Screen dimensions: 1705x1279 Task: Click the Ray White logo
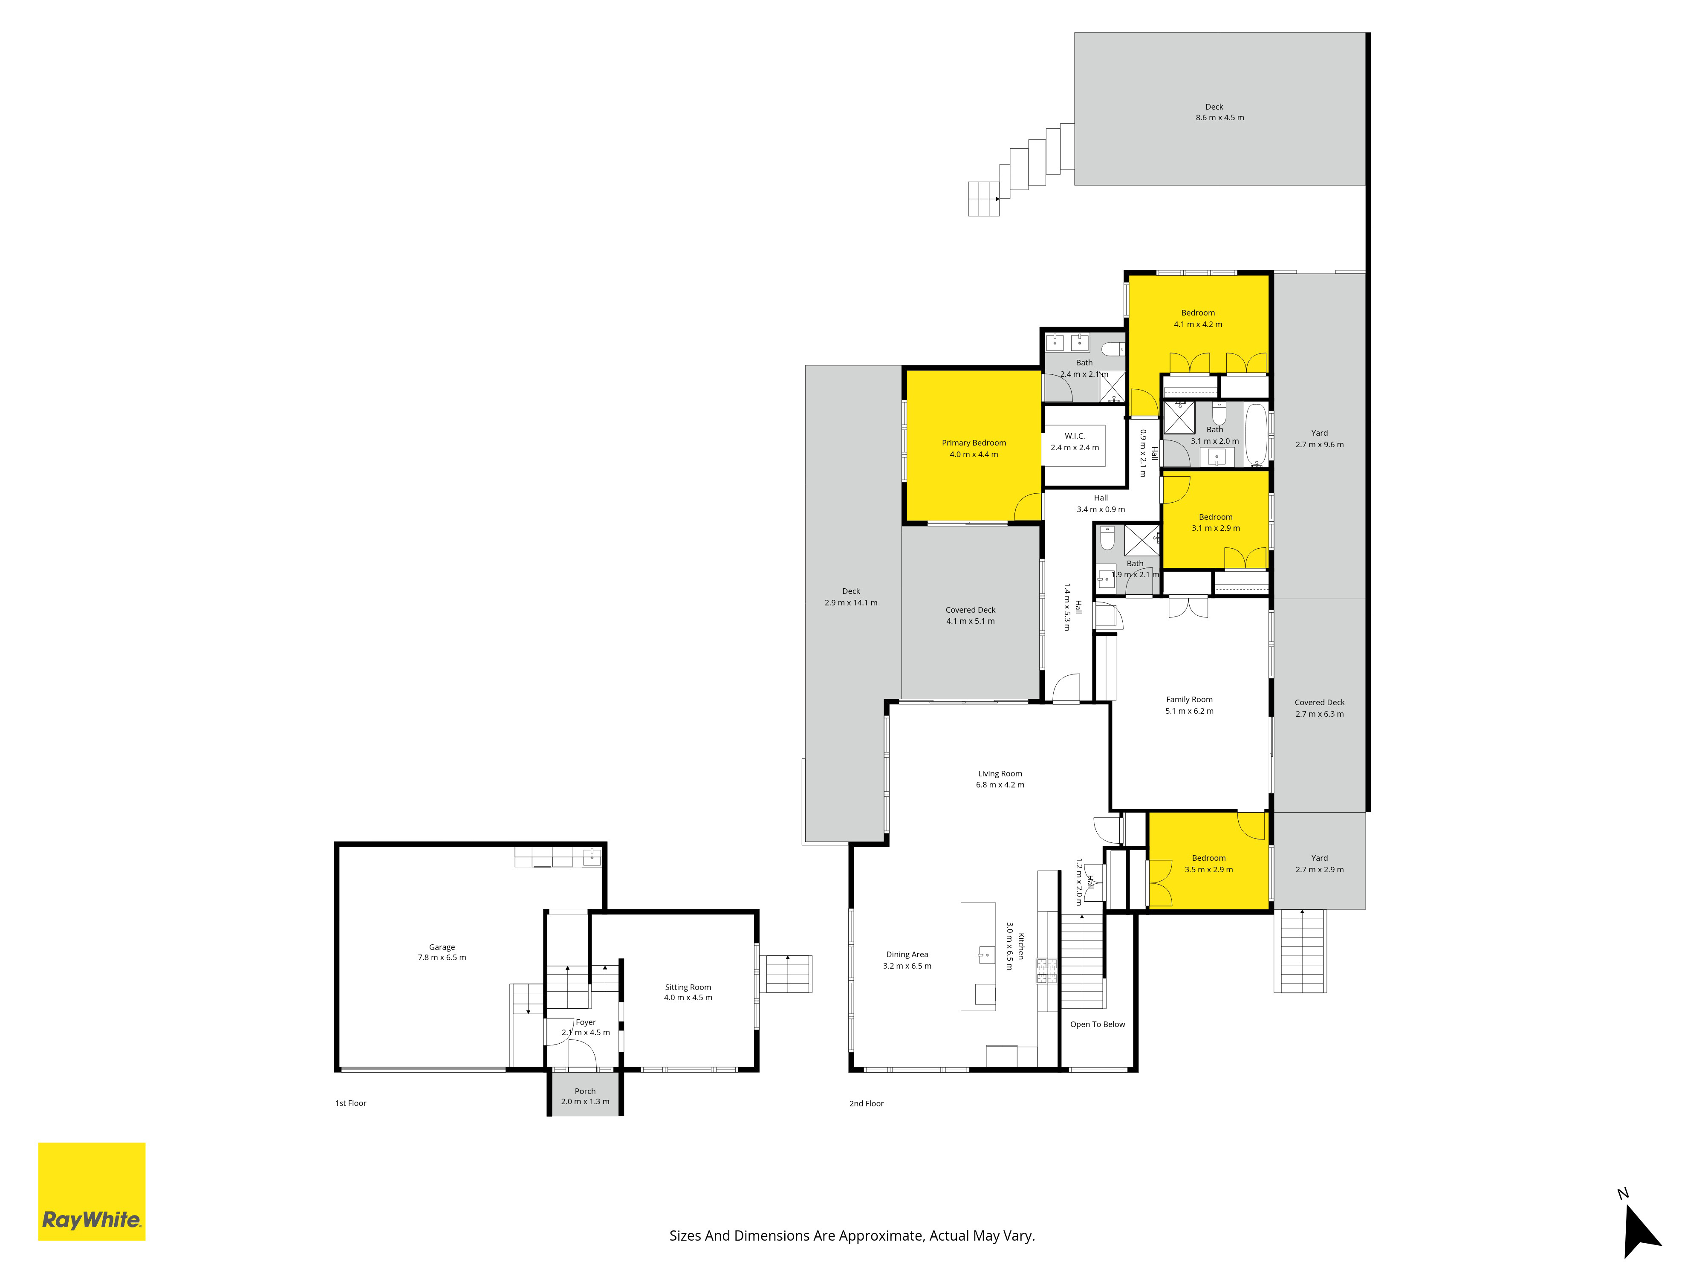pyautogui.click(x=92, y=1191)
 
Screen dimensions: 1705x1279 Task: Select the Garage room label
pyautogui.click(x=442, y=947)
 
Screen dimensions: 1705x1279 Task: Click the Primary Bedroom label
pyautogui.click(x=974, y=443)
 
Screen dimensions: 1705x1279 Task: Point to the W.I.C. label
pyautogui.click(x=1075, y=436)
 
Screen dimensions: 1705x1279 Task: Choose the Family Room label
pyautogui.click(x=1189, y=699)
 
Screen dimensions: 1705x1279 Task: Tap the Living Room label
pyautogui.click(x=1000, y=773)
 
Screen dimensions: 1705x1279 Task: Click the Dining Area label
pyautogui.click(x=907, y=954)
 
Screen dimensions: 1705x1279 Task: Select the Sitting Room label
pyautogui.click(x=688, y=987)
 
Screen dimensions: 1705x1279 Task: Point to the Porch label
pyautogui.click(x=585, y=1091)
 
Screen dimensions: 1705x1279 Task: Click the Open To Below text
pyautogui.click(x=1098, y=1024)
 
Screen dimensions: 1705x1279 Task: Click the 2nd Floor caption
pyautogui.click(x=867, y=1103)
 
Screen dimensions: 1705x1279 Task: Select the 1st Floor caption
pyautogui.click(x=351, y=1103)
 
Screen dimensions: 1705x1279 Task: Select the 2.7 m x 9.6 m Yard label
pyautogui.click(x=1320, y=439)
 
